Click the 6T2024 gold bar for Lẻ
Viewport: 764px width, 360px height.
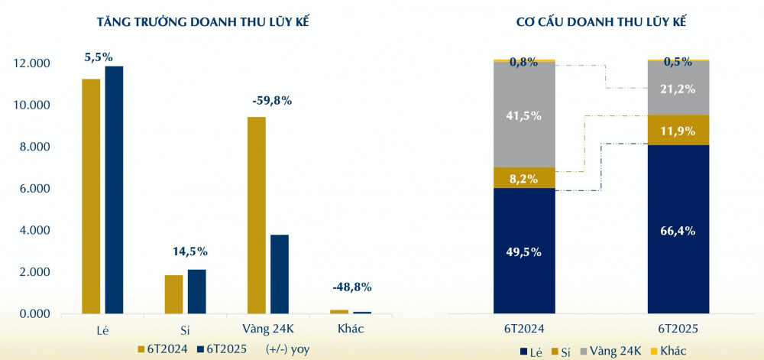tap(91, 196)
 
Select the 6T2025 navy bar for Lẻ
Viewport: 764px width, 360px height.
tap(114, 190)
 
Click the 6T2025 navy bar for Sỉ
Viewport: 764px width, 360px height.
tap(196, 292)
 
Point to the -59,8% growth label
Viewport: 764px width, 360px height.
tap(271, 100)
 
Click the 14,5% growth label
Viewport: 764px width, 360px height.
tap(189, 251)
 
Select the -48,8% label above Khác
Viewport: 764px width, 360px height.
tap(352, 287)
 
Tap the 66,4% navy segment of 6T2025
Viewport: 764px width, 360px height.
tap(678, 229)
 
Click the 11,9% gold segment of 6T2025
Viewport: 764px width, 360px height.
tap(678, 130)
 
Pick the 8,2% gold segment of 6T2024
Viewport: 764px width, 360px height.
tap(524, 179)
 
